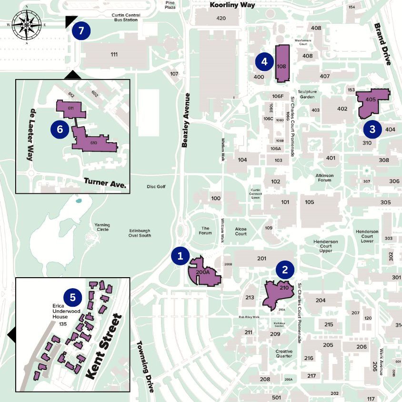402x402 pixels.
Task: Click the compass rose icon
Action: click(x=27, y=25)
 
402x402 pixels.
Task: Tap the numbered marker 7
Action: click(x=81, y=31)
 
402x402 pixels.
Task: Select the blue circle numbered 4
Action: click(x=264, y=61)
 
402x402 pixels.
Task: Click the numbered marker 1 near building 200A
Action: click(x=181, y=256)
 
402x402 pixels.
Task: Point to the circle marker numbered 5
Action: click(x=73, y=298)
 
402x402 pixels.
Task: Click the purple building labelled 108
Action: click(x=282, y=64)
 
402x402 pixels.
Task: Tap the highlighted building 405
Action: click(x=372, y=100)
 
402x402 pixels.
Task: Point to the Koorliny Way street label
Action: click(x=233, y=5)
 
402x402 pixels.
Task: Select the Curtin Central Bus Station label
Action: click(x=126, y=18)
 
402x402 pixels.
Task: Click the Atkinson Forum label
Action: click(x=324, y=178)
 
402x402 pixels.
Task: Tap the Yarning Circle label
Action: click(x=102, y=227)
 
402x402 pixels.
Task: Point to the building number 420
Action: click(x=221, y=18)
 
